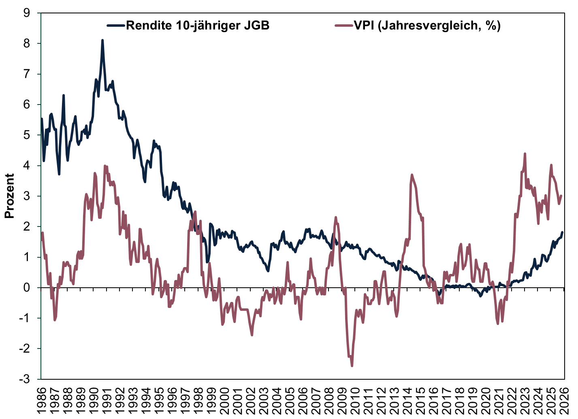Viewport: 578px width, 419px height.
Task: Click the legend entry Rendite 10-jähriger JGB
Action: point(198,26)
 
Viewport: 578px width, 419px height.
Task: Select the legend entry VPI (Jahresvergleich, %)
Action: point(427,26)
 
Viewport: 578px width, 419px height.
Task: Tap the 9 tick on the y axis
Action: point(27,13)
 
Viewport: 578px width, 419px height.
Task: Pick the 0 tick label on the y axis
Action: point(27,288)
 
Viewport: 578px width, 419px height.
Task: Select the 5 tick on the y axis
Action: point(27,135)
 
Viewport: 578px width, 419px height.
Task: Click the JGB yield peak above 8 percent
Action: point(102,40)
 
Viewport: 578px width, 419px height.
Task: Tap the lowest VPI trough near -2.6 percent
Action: point(352,366)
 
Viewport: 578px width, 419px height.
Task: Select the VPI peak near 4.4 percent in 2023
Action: point(525,154)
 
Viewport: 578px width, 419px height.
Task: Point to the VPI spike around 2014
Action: point(412,175)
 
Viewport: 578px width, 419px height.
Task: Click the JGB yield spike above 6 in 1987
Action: point(64,95)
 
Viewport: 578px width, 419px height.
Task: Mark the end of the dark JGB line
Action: point(562,232)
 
